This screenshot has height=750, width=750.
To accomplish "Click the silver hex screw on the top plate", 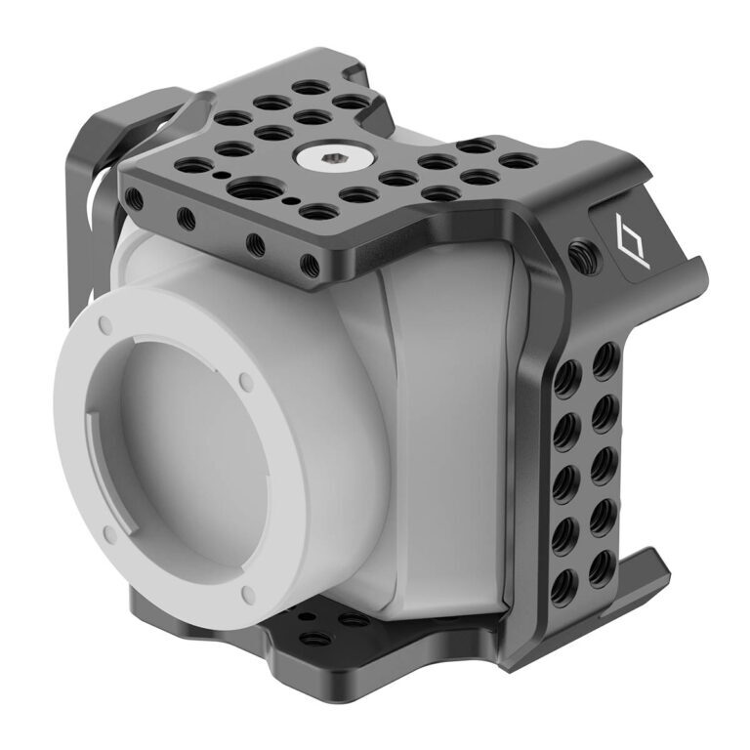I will [321, 155].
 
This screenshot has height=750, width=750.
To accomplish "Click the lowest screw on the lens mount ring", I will [247, 594].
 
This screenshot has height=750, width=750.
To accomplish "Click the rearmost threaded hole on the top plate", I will [311, 87].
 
